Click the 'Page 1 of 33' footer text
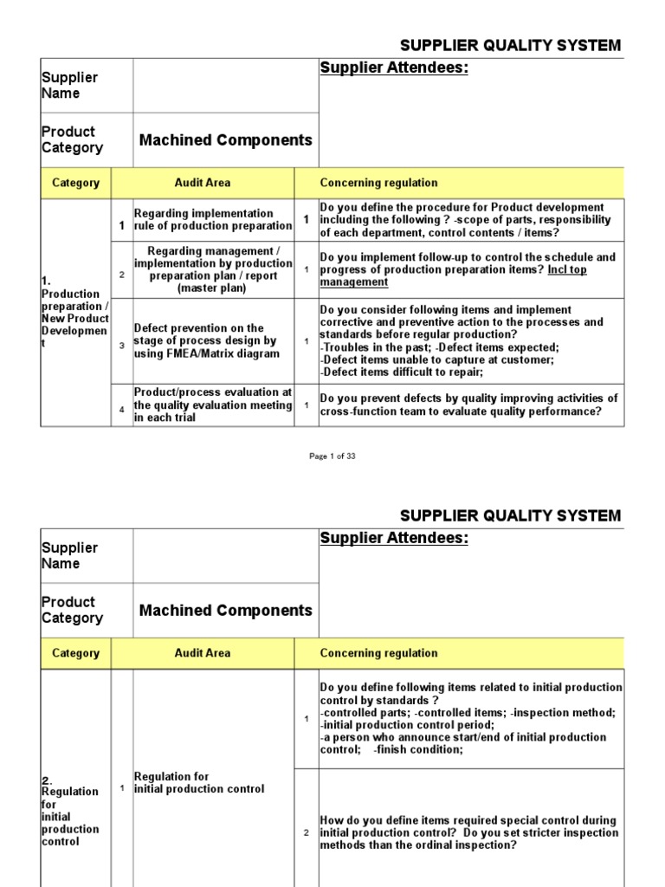[x=332, y=456]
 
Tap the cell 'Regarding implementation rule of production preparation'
[x=212, y=219]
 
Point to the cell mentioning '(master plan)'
[x=212, y=269]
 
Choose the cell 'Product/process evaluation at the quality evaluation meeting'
[x=212, y=405]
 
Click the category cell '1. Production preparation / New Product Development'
[x=75, y=312]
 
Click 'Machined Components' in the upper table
[x=225, y=140]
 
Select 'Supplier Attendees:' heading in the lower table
[x=394, y=539]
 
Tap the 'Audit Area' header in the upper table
[x=203, y=183]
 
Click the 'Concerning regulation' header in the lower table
[x=378, y=653]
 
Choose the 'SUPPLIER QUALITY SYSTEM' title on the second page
[x=509, y=515]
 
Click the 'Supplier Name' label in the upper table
[x=69, y=85]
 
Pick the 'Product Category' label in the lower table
[x=72, y=610]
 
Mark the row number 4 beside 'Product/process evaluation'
[x=122, y=409]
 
